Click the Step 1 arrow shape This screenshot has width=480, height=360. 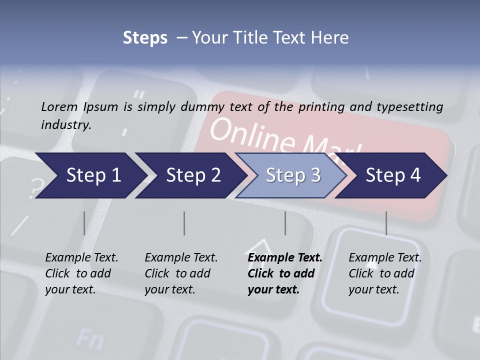pyautogui.click(x=90, y=175)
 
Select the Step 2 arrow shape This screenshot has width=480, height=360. pyautogui.click(x=190, y=175)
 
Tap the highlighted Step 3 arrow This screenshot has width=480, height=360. pyautogui.click(x=291, y=175)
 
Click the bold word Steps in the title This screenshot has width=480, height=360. pyautogui.click(x=145, y=37)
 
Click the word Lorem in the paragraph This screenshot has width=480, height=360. pyautogui.click(x=59, y=106)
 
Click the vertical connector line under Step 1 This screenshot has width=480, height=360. pyautogui.click(x=84, y=223)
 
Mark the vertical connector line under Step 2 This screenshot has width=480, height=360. pyautogui.click(x=184, y=223)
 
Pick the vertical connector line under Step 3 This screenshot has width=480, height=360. pyautogui.click(x=285, y=223)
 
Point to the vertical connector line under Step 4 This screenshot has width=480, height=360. pyautogui.click(x=386, y=223)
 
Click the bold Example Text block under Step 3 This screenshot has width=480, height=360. pyautogui.click(x=285, y=273)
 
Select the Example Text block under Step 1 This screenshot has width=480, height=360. pyautogui.click(x=81, y=273)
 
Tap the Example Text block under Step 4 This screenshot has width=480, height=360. pyautogui.click(x=385, y=273)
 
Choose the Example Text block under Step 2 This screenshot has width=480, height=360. pyautogui.click(x=181, y=273)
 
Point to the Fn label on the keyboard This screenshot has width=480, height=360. pyautogui.click(x=89, y=339)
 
